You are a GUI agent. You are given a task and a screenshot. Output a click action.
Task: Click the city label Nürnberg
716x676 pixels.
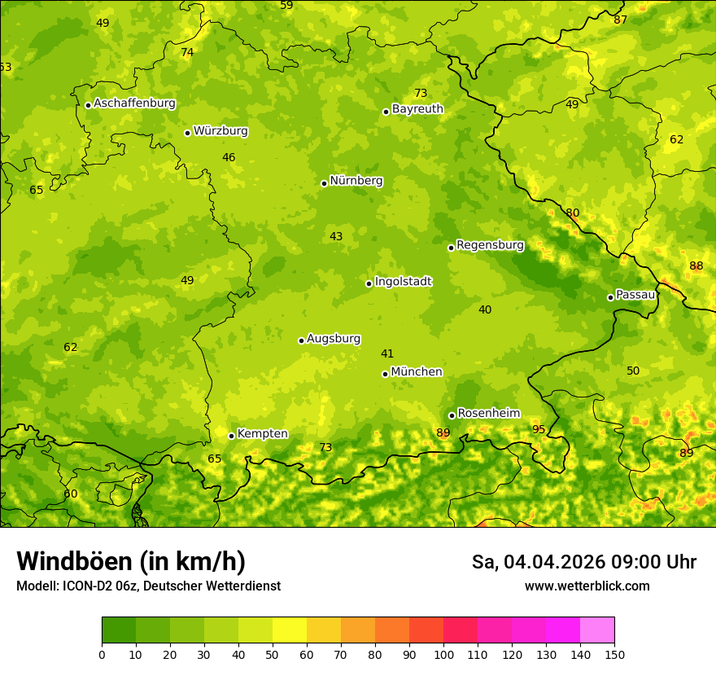coord(356,181)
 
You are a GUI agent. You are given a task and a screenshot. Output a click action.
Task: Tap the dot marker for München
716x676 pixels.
coord(385,374)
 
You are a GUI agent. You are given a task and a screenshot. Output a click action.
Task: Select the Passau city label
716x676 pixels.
coord(635,295)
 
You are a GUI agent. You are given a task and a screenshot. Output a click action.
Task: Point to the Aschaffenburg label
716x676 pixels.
coord(134,103)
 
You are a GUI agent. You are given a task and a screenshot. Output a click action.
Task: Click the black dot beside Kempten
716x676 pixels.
coord(231,436)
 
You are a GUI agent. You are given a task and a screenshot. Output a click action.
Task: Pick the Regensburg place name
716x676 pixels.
coord(490,245)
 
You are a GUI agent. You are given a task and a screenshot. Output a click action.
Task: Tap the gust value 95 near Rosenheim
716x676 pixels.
coord(539,429)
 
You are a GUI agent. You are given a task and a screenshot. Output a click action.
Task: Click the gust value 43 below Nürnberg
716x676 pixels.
coord(336,237)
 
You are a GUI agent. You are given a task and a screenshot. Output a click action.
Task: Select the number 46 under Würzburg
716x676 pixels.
coord(229,158)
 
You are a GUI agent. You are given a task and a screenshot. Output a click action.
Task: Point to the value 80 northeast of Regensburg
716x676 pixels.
coord(573,213)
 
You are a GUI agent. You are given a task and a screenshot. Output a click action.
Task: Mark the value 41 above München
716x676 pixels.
coord(387,353)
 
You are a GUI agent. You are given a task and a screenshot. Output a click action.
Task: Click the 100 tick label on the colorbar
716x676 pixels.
coord(443,654)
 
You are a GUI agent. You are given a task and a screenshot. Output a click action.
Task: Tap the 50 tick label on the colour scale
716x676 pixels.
coord(273,654)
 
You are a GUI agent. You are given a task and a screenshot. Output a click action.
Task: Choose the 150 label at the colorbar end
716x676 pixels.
coord(614,654)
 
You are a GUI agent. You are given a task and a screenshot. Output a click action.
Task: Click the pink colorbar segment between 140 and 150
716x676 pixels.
coord(597,630)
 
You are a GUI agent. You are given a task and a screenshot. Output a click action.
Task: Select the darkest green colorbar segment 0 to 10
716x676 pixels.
coord(119,630)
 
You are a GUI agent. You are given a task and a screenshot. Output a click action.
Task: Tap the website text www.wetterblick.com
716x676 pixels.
coord(587,586)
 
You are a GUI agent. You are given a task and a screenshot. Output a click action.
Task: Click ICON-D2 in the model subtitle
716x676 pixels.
coord(92,586)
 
